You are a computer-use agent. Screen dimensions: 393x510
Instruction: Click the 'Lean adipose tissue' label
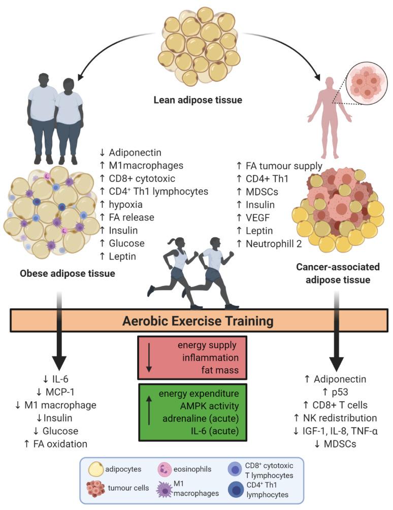[x=198, y=100]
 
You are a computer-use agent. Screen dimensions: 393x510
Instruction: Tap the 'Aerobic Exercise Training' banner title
[x=198, y=321]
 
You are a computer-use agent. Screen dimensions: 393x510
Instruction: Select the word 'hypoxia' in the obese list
[x=125, y=205]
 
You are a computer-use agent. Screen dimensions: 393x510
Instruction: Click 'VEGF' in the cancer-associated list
[x=258, y=217]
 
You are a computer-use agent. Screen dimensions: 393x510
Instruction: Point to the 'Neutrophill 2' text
[x=274, y=244]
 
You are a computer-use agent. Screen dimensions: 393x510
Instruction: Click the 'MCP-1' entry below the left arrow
[x=60, y=392]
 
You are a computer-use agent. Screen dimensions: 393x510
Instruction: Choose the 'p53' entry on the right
[x=340, y=392]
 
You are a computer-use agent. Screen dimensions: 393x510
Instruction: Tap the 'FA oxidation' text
[x=60, y=444]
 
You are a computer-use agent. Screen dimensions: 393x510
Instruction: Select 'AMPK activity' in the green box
[x=209, y=406]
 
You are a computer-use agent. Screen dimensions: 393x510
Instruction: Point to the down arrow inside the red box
[x=149, y=357]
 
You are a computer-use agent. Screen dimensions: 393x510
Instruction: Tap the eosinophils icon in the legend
[x=165, y=470]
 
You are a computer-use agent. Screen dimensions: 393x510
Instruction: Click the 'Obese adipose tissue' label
[x=68, y=273]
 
